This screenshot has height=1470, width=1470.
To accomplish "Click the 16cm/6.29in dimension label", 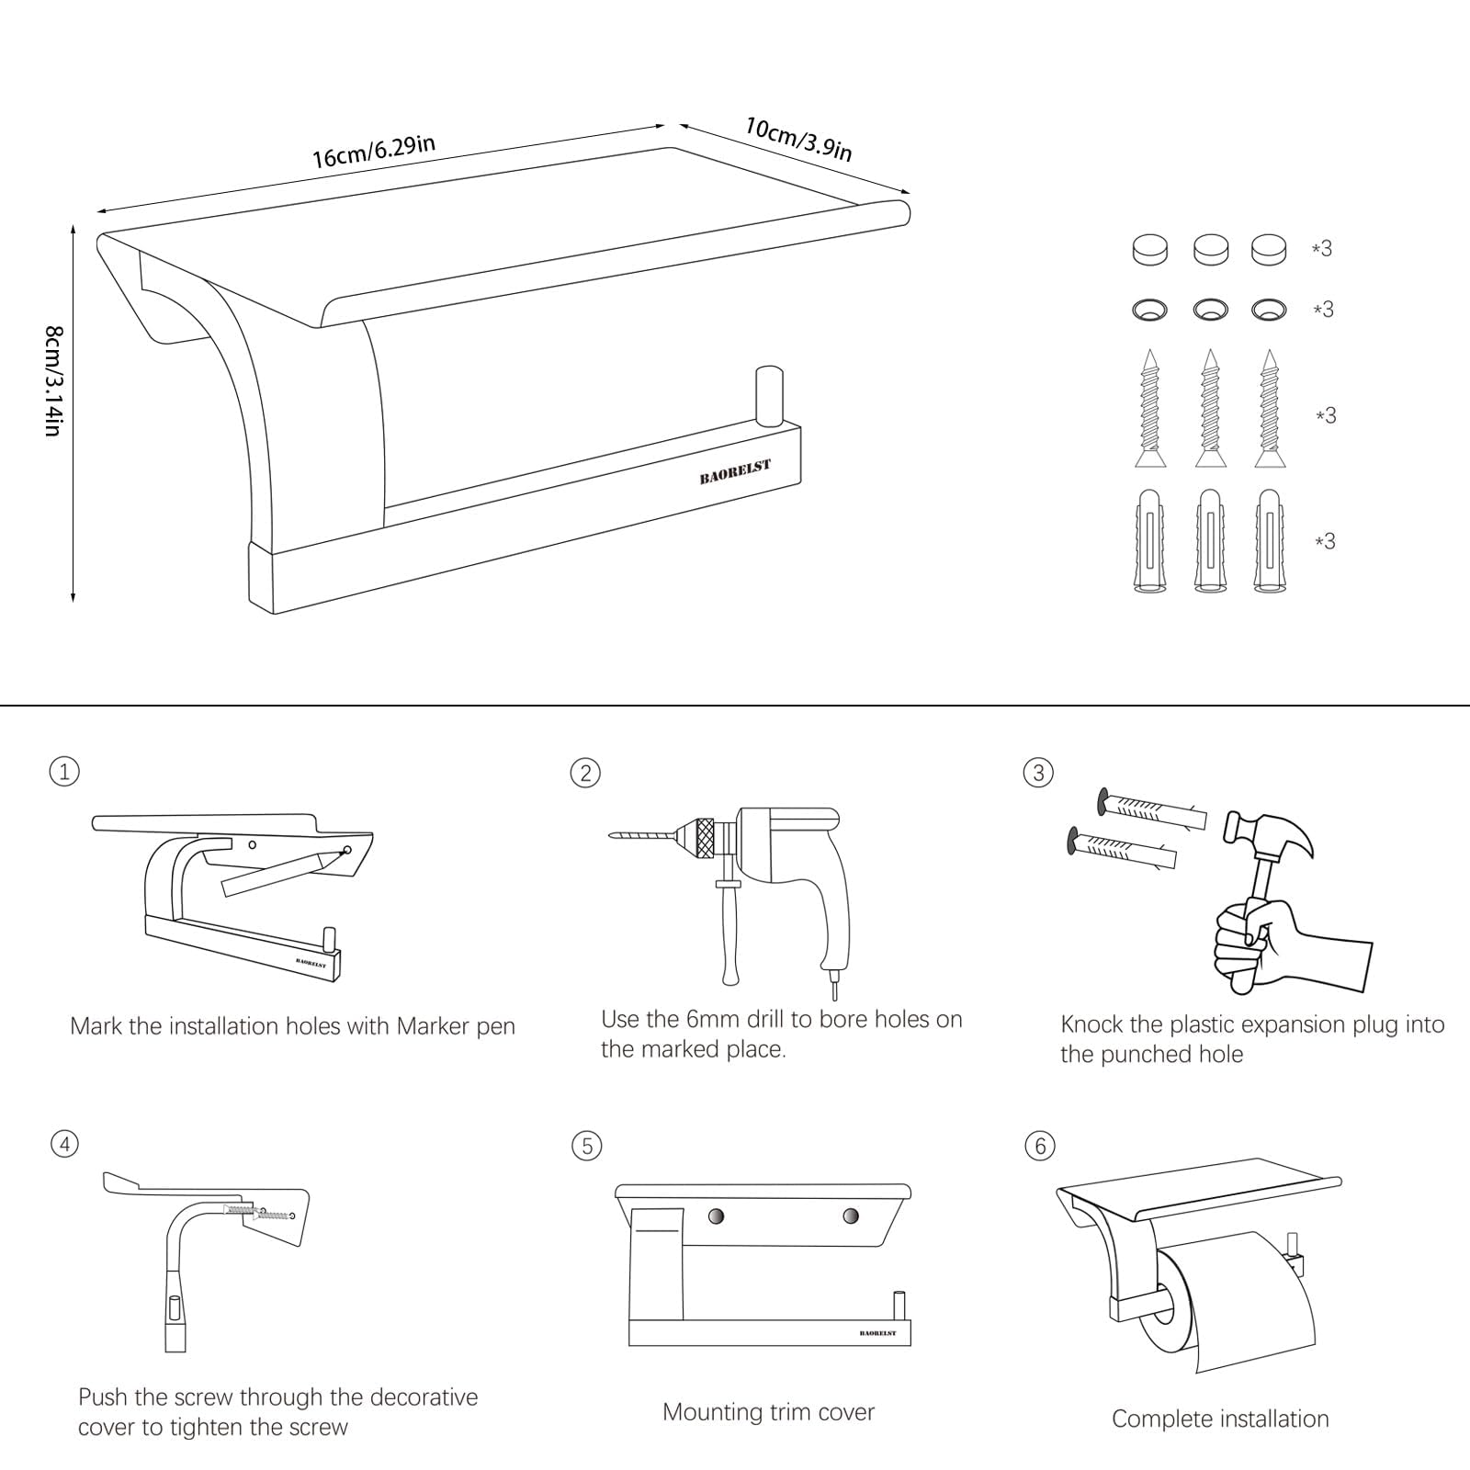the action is (x=373, y=152).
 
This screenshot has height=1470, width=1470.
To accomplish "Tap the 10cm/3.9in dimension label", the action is (x=798, y=140).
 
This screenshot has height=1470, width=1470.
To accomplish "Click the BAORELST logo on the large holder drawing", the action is (x=735, y=472).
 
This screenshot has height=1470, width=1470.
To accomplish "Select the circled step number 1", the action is (x=64, y=771).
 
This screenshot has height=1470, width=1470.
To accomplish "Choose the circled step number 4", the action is (x=64, y=1144).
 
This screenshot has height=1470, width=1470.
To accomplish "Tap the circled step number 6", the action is (x=1040, y=1146).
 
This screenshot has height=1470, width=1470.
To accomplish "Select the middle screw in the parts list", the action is (x=1210, y=408).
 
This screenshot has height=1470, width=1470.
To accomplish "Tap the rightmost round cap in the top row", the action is (x=1269, y=249).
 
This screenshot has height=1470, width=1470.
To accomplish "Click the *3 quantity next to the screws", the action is (x=1325, y=416).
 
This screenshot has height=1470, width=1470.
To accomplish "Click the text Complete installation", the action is (x=1220, y=1419).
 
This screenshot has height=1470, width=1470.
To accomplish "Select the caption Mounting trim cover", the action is (x=768, y=1412).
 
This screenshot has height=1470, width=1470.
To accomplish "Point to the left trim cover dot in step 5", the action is (x=715, y=1216).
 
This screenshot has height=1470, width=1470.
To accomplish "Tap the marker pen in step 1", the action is (x=286, y=871).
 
